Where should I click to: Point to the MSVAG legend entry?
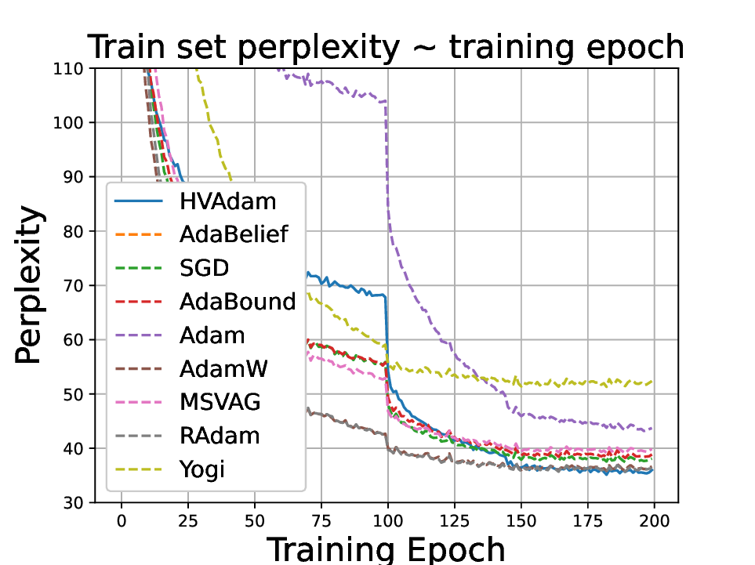click(220, 403)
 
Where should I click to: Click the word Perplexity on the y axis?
click(29, 286)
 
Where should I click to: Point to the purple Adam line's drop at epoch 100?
click(387, 157)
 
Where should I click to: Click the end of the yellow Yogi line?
click(652, 382)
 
